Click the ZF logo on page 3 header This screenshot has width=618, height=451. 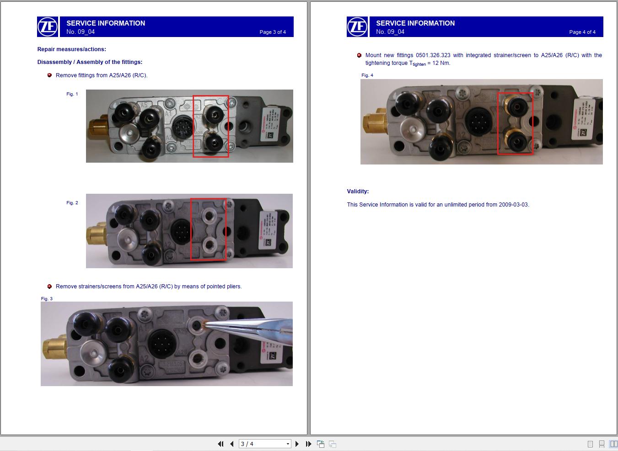pyautogui.click(x=48, y=27)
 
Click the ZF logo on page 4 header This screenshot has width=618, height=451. pyautogui.click(x=357, y=27)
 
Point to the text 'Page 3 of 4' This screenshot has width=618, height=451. pyautogui.click(x=273, y=32)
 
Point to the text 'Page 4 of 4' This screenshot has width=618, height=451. pyautogui.click(x=582, y=32)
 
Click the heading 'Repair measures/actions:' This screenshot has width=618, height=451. pyautogui.click(x=71, y=49)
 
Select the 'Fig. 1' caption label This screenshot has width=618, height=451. pyautogui.click(x=72, y=94)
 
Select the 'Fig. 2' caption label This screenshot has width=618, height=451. pyautogui.click(x=72, y=203)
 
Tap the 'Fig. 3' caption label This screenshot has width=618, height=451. pyautogui.click(x=47, y=299)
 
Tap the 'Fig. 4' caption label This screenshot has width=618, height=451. pyautogui.click(x=367, y=75)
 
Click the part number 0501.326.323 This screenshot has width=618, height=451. pyautogui.click(x=433, y=55)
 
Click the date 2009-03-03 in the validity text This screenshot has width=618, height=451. pyautogui.click(x=513, y=205)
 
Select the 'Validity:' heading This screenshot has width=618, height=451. pyautogui.click(x=358, y=191)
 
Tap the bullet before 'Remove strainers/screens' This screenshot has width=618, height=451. pyautogui.click(x=49, y=287)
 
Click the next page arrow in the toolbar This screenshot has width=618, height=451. pyautogui.click(x=297, y=444)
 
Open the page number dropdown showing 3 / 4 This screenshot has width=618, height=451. pyautogui.click(x=288, y=444)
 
